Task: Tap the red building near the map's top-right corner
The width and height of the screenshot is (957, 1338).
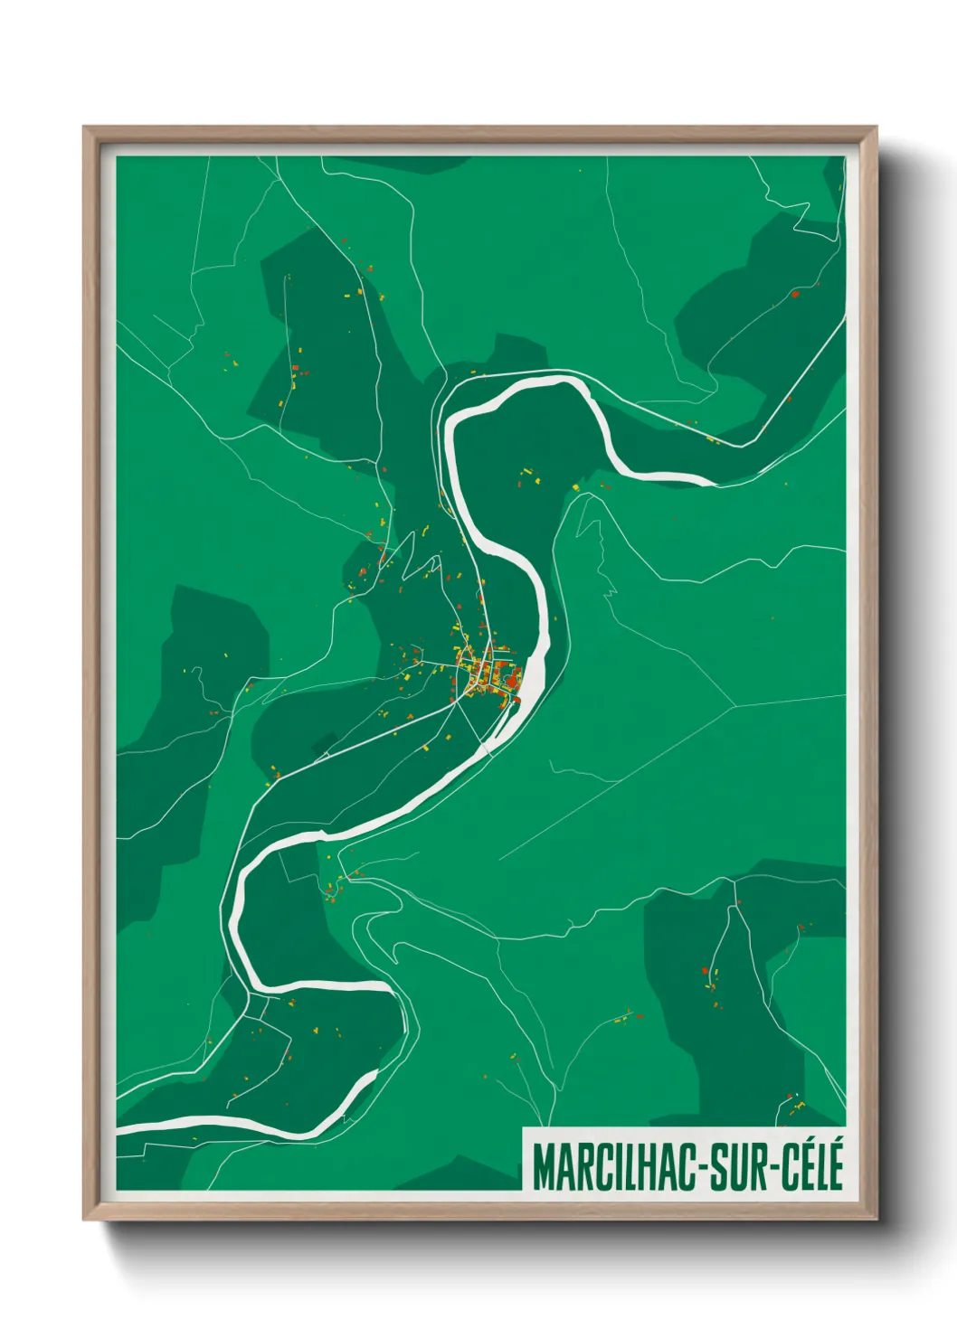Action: coord(794,294)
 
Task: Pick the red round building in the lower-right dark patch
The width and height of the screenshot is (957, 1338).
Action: coord(705,971)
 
